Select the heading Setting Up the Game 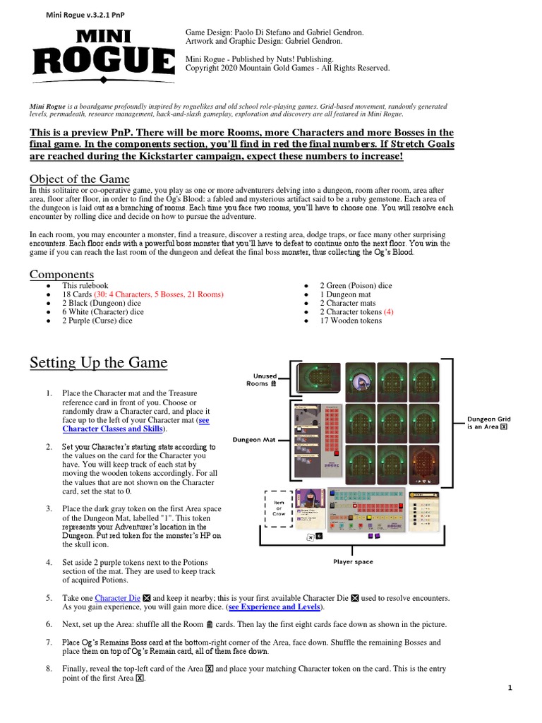pyautogui.click(x=98, y=363)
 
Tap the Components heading pyautogui.click(x=61, y=274)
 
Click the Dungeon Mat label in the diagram pyautogui.click(x=254, y=440)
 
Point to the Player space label pyautogui.click(x=353, y=562)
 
